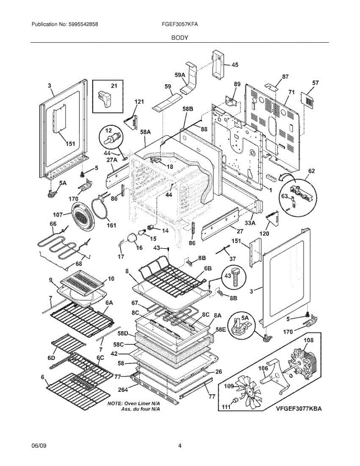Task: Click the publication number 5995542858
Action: click(83, 24)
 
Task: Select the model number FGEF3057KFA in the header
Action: click(180, 24)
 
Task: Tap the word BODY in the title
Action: click(180, 38)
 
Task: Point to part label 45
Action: click(235, 65)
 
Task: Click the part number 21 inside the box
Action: click(114, 86)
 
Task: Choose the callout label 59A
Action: click(180, 75)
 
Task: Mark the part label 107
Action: click(58, 214)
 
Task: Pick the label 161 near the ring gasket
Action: click(111, 225)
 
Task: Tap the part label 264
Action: click(123, 389)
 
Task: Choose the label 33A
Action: click(250, 223)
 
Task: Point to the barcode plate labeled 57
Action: click(308, 100)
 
